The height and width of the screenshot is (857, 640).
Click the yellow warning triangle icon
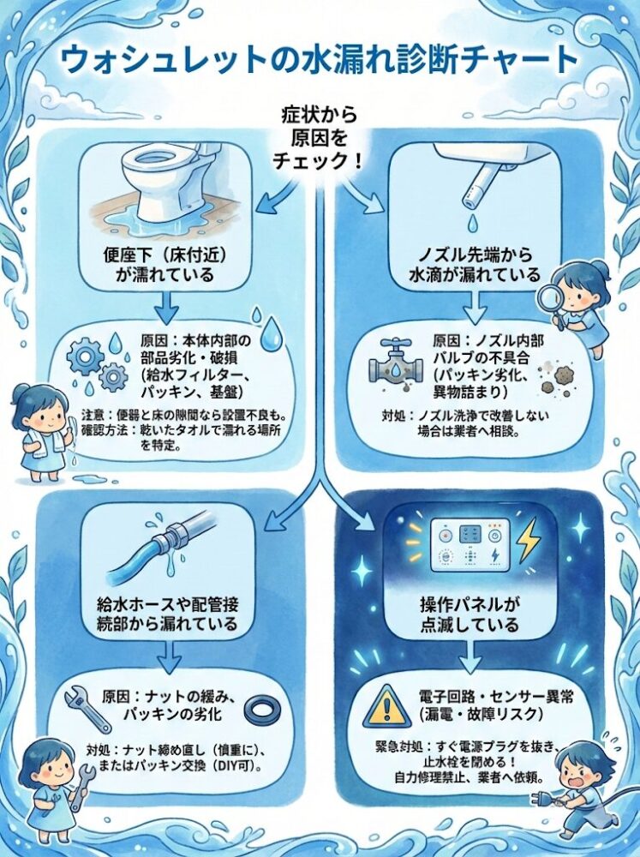(x=386, y=705)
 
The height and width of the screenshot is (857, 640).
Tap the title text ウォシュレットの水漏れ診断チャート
(x=319, y=60)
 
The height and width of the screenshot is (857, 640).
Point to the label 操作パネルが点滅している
(x=470, y=614)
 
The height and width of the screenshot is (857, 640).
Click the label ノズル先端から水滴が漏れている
(x=475, y=265)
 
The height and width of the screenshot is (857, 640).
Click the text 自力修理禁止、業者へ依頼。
(x=469, y=776)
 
